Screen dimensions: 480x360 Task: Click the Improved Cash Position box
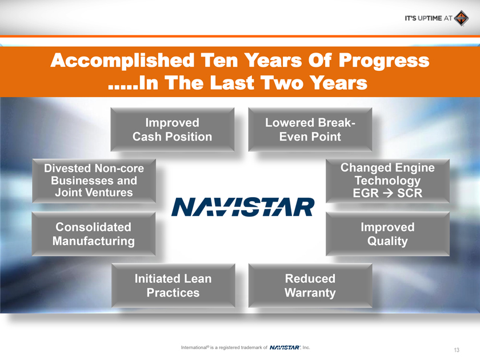tap(173, 130)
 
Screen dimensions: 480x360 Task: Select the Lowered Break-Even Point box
tap(310, 130)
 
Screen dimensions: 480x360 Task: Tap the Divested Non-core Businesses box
tap(94, 181)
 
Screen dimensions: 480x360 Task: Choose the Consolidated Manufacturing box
tap(94, 234)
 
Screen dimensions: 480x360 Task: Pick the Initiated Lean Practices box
tap(173, 285)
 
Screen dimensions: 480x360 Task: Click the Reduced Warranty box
tap(310, 285)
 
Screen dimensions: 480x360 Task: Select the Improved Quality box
tap(387, 234)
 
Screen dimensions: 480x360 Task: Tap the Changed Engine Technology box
tap(387, 181)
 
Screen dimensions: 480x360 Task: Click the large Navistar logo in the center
tap(243, 207)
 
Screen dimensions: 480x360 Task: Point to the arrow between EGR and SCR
tap(388, 194)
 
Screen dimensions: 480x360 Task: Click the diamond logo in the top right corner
tap(461, 18)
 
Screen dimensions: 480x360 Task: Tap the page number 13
tap(457, 350)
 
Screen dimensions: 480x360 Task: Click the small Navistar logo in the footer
tap(285, 347)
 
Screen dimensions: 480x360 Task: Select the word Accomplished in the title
tap(122, 61)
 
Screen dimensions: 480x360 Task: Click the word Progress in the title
tap(384, 61)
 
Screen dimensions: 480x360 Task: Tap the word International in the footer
tap(194, 347)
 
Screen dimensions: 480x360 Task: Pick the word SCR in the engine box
tap(410, 194)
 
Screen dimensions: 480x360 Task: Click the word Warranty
tap(310, 293)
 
